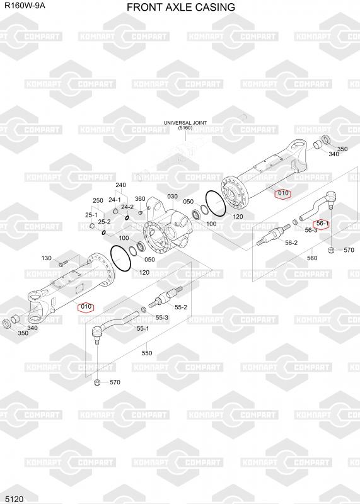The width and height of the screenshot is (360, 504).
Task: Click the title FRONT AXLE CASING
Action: pyautogui.click(x=181, y=7)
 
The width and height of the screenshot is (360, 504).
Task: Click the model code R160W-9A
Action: pyautogui.click(x=25, y=6)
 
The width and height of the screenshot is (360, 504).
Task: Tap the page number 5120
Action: pyautogui.click(x=15, y=499)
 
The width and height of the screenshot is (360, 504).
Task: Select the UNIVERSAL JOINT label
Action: pyautogui.click(x=185, y=123)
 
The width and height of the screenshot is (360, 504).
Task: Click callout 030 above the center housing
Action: pyautogui.click(x=173, y=197)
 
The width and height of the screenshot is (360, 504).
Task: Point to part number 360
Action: pyautogui.click(x=140, y=199)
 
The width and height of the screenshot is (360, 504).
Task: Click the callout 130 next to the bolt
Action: pyautogui.click(x=46, y=258)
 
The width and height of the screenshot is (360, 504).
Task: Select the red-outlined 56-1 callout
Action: pyautogui.click(x=322, y=223)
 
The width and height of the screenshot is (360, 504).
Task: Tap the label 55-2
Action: pyautogui.click(x=181, y=307)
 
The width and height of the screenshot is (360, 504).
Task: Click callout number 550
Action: pyautogui.click(x=147, y=353)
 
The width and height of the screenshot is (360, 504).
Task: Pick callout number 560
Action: pyautogui.click(x=312, y=258)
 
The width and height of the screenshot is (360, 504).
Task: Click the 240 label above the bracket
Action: pyautogui.click(x=120, y=185)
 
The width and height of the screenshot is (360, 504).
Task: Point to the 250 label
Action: pyautogui.click(x=98, y=200)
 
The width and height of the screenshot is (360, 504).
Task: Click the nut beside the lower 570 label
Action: pyautogui.click(x=98, y=382)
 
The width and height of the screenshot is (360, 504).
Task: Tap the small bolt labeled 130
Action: pyautogui.click(x=62, y=264)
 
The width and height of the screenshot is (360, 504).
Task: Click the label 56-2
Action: pyautogui.click(x=291, y=243)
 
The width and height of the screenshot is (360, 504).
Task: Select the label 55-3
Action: pyautogui.click(x=162, y=318)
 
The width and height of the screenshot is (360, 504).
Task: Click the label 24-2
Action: pyautogui.click(x=127, y=207)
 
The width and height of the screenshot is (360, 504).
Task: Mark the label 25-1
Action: pyautogui.click(x=91, y=215)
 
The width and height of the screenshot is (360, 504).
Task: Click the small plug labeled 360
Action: pyautogui.click(x=140, y=212)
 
